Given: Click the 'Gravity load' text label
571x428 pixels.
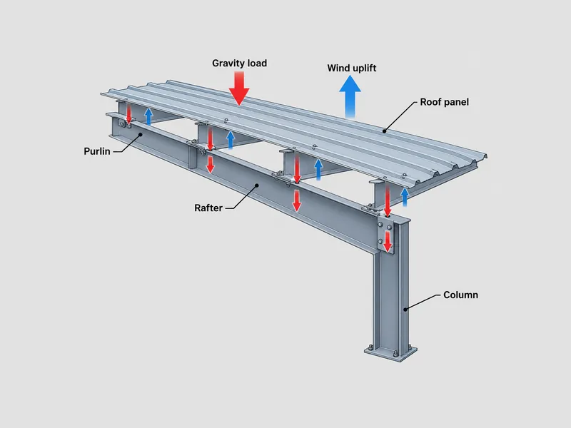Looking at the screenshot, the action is point(239,63).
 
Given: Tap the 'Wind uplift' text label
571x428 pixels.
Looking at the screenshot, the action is point(351,68).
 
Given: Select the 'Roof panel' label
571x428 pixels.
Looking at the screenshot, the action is point(444,102).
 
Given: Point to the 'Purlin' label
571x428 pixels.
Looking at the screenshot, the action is point(97,151).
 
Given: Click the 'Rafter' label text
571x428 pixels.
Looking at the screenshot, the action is point(208,208).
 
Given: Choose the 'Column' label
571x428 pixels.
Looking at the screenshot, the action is point(460,295).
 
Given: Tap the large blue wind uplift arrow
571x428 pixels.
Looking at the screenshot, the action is point(350,97).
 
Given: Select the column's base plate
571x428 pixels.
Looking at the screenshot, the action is point(390,353).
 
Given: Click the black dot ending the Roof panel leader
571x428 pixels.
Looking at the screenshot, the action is point(385,131).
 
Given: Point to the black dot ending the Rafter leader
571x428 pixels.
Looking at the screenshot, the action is point(257,185).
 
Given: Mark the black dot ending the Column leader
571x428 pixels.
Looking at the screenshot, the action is point(405,310).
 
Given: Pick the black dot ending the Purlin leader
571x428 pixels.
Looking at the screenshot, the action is point(140,134).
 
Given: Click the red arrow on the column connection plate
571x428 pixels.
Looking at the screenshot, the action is point(388,242).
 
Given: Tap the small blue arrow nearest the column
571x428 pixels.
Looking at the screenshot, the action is point(404,197).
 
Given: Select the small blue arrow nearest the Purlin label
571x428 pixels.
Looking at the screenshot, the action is point(148,116).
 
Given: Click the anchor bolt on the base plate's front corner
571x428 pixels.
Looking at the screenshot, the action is point(395,354).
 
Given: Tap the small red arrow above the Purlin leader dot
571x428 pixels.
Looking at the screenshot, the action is point(128,113).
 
